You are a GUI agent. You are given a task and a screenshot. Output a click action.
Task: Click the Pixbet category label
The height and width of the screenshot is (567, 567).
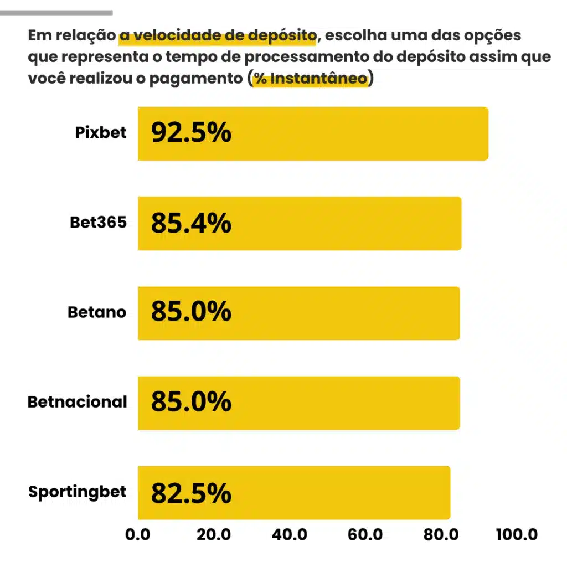coord(101,133)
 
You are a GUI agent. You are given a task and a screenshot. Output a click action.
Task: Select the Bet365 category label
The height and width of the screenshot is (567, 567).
coord(98,223)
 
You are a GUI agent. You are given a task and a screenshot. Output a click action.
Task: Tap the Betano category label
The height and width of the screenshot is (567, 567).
coord(97,312)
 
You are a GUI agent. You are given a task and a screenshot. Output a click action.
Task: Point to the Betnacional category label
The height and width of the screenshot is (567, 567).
coord(77,402)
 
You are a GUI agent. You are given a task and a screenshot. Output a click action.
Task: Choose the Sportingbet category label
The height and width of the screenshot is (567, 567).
coord(77,492)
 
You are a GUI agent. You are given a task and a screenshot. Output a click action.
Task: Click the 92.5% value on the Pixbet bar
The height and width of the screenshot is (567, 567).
coord(191,133)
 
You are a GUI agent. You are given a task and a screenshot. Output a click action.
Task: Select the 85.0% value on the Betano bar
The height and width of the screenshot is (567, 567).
coord(191,312)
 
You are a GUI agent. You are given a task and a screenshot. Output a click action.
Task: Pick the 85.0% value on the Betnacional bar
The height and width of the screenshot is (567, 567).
coord(191,402)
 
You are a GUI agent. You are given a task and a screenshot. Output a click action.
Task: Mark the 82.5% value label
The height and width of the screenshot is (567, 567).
coord(191,493)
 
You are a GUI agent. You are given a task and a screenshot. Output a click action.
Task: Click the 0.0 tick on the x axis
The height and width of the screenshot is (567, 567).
coord(137,535)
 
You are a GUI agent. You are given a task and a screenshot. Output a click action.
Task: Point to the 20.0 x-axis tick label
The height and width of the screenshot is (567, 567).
coord(213,535)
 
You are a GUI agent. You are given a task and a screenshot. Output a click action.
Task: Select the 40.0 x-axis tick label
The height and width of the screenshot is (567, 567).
coord(290,535)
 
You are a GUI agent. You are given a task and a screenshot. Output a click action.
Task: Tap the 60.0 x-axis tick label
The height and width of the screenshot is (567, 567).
coord(365,535)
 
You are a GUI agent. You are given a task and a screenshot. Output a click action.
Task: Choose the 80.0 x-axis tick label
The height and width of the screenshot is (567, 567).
coord(441,535)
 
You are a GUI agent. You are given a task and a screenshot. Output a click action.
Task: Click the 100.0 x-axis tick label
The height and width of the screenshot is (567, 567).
coord(516,535)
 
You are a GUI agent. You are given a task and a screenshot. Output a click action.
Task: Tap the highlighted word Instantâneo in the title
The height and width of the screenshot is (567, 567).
coord(318,79)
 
